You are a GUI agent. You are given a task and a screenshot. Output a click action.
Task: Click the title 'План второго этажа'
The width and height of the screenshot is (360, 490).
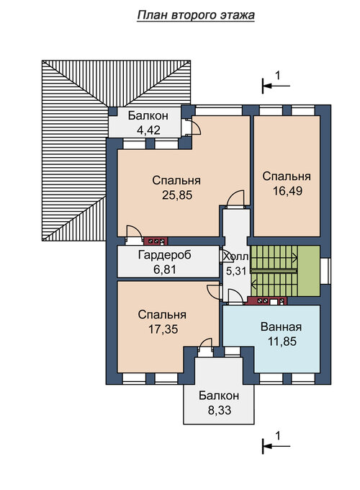pyautogui.click(x=196, y=15)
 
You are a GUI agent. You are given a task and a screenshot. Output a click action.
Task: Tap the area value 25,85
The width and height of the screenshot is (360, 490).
pyautogui.click(x=177, y=195)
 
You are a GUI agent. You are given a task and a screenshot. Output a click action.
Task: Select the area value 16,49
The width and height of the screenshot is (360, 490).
pyautogui.click(x=287, y=191)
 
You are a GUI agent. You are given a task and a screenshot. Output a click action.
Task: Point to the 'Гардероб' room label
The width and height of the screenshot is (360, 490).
pyautogui.click(x=165, y=255)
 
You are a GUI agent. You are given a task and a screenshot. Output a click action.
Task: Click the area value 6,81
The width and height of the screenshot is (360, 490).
pyautogui.click(x=165, y=269)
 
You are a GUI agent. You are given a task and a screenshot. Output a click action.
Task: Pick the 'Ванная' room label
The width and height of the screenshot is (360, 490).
pyautogui.click(x=281, y=327)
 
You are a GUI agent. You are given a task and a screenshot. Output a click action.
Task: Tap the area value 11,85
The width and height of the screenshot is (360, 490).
pyautogui.click(x=282, y=342)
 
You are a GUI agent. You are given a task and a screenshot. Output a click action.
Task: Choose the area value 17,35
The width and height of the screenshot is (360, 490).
pyautogui.click(x=163, y=329)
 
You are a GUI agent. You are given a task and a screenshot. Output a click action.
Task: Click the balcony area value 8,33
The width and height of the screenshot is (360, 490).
pyautogui.click(x=220, y=410)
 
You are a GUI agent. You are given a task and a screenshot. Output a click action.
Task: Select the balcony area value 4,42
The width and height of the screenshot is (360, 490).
pyautogui.click(x=148, y=130)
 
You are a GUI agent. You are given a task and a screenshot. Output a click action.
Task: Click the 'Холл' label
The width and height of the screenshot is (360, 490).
pyautogui.click(x=236, y=257)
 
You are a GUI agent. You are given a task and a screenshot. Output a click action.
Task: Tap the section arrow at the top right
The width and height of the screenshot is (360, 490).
pyautogui.click(x=276, y=85)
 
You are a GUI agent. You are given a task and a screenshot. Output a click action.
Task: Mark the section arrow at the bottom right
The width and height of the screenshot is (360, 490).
pyautogui.click(x=276, y=446)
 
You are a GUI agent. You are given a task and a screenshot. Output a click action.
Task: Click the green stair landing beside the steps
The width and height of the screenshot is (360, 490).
pyautogui.click(x=309, y=271)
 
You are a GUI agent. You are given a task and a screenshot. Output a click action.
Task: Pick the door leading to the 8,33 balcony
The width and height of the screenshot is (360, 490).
pyautogui.click(x=206, y=347)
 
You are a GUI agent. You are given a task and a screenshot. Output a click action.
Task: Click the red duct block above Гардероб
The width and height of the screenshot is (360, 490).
pyautogui.click(x=156, y=241)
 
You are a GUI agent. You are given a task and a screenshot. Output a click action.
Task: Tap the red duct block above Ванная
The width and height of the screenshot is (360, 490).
pyautogui.click(x=266, y=301)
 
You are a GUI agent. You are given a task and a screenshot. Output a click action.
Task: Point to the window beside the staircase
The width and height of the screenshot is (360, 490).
pyautogui.click(x=325, y=271)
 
